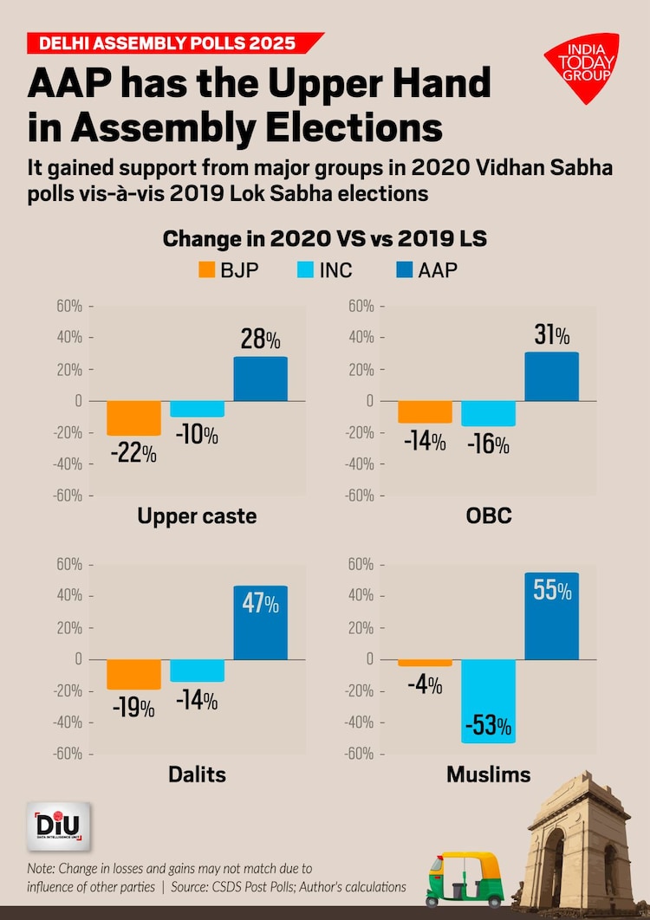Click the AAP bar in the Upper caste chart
coord(260,379)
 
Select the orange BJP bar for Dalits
coord(133,674)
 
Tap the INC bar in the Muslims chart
coord(488,700)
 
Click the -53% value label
coord(488,725)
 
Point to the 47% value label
coord(260,604)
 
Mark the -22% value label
coord(133,453)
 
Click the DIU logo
coord(58,826)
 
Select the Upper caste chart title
coord(197,517)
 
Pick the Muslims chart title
coord(488,774)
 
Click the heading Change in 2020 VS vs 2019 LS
coord(325,238)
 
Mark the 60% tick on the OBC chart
coord(360,306)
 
